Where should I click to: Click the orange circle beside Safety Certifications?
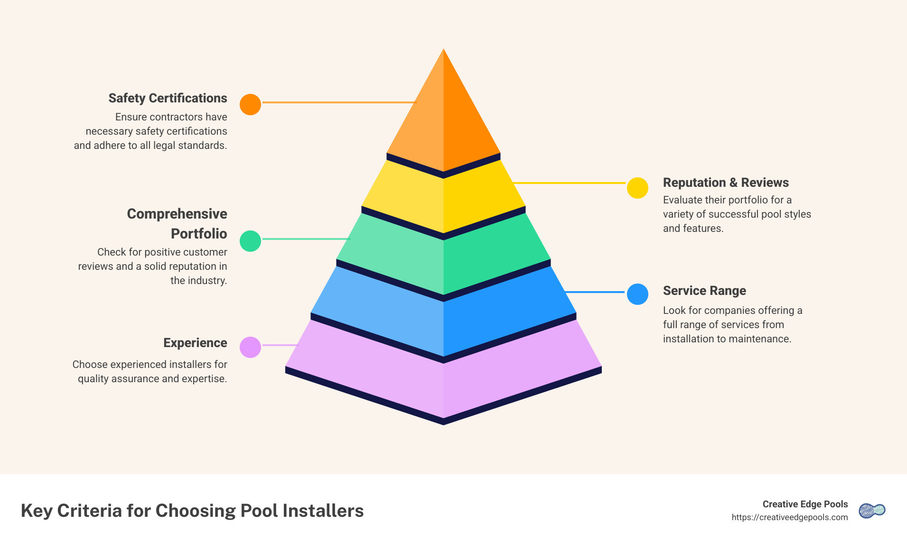250,104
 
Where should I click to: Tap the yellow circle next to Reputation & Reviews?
637,188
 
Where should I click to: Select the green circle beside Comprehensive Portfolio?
250,241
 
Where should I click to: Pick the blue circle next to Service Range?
637,294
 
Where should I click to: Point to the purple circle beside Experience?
250,347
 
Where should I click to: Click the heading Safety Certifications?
168,98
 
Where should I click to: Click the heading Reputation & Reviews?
725,183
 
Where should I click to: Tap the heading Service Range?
704,291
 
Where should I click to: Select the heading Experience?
195,343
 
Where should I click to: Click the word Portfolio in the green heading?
199,234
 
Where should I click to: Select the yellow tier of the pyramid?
443,199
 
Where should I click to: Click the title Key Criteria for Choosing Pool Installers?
192,511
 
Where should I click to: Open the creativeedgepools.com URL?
789,517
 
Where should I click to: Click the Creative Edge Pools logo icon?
872,511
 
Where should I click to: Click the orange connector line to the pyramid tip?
339,102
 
